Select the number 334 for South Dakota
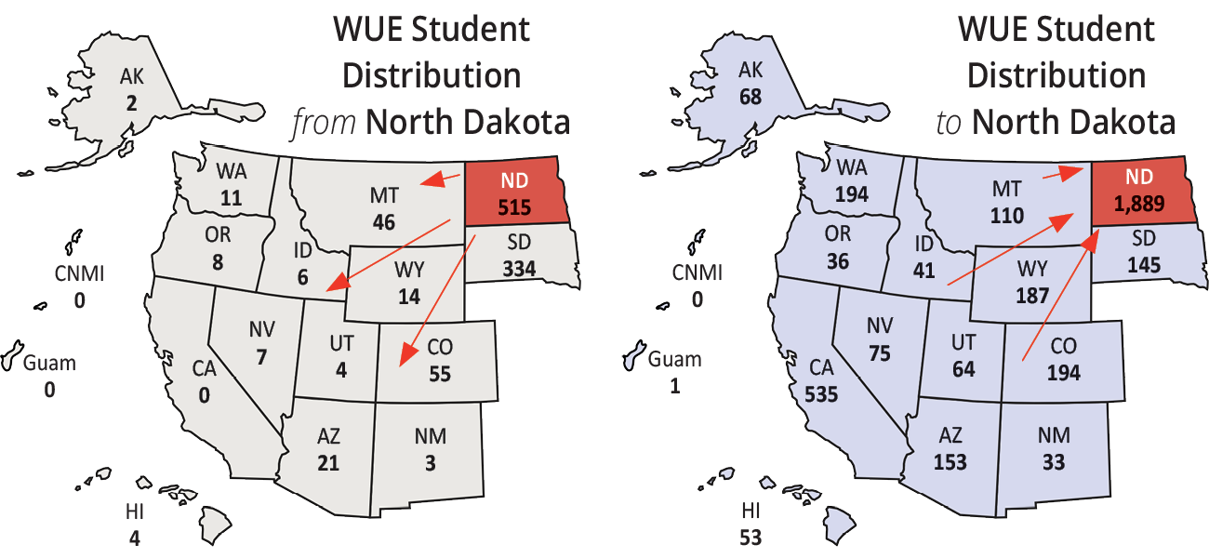point(518,269)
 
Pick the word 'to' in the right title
point(948,122)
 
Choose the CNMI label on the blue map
point(697,272)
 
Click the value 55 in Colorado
point(440,374)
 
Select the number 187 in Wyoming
point(1031,295)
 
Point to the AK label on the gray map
point(131,77)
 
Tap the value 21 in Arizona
point(327,462)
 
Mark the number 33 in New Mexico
point(1054,461)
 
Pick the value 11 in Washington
point(232,196)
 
